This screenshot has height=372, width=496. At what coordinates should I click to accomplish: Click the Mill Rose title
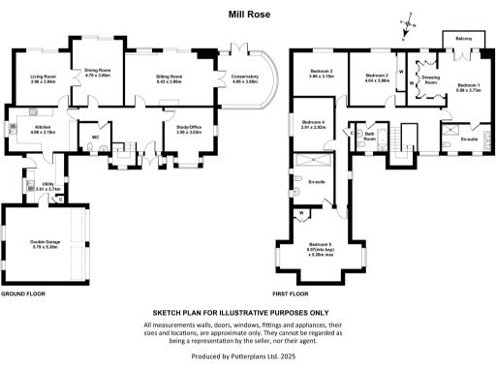pos(247,15)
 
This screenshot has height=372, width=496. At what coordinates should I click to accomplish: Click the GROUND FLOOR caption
pos(23,293)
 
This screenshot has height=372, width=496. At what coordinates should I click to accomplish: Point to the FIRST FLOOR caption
pos(291,293)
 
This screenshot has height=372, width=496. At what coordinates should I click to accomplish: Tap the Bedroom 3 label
pos(322,74)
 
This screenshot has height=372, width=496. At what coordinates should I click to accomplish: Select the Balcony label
pos(464,38)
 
